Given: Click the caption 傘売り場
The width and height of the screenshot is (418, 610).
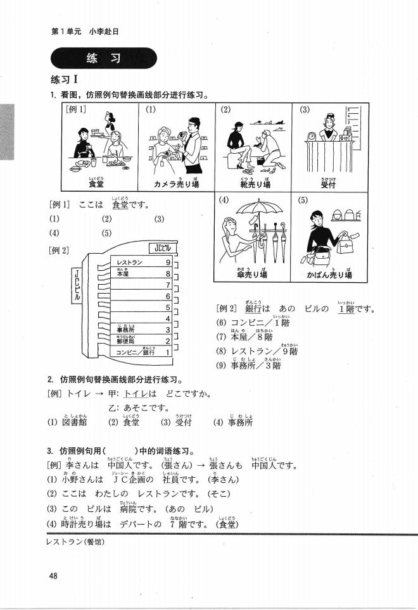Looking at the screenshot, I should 252,275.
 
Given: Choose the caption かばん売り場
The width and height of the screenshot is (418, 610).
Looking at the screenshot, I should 329,275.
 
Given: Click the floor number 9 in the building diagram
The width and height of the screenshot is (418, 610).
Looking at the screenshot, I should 168,263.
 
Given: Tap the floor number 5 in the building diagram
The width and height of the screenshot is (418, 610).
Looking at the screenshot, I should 168,307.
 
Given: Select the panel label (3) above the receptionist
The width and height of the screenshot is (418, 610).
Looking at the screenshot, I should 305,109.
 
